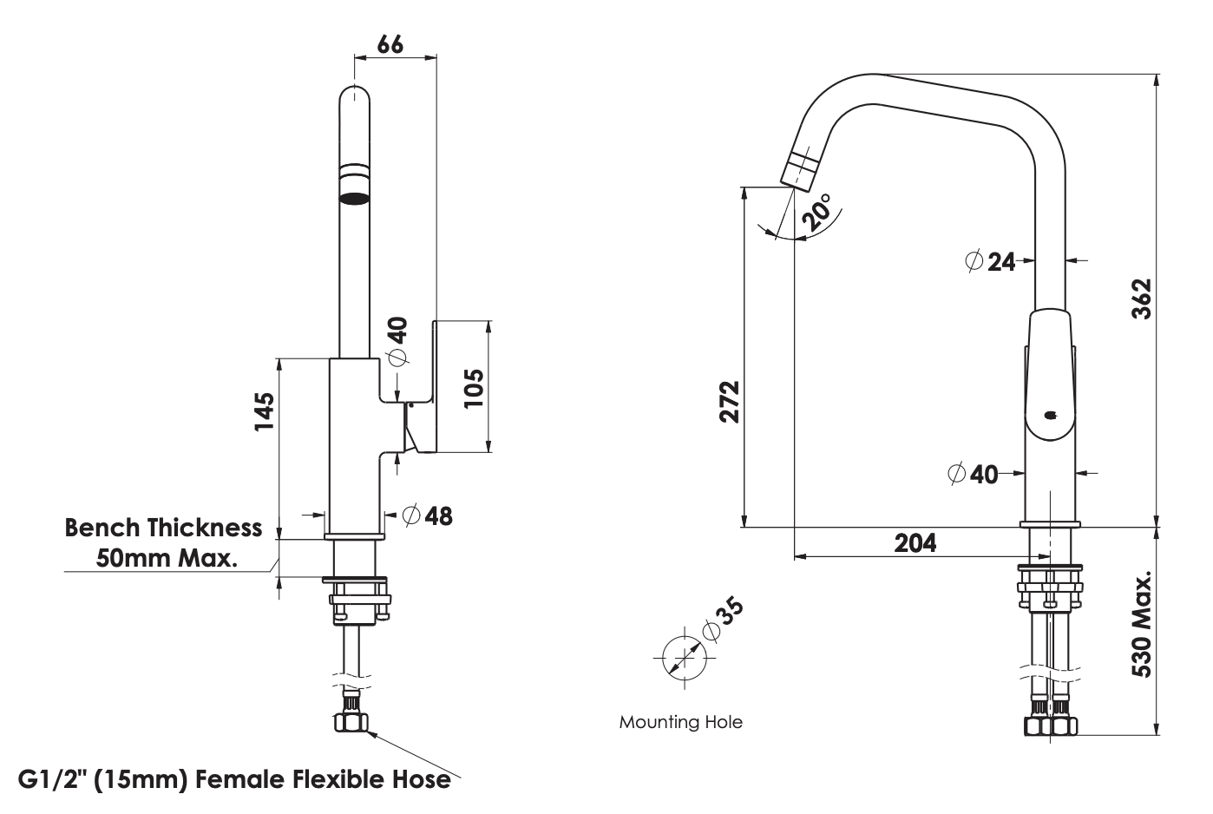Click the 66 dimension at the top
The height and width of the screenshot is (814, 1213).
390,43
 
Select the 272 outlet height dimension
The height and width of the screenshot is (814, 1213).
730,401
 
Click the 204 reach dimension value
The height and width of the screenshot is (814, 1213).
915,542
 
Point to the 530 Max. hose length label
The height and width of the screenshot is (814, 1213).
1143,625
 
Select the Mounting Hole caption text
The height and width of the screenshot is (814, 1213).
680,722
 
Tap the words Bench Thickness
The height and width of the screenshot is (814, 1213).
163,528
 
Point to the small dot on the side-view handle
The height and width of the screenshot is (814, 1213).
1051,415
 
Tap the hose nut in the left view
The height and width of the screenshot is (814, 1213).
352,722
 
